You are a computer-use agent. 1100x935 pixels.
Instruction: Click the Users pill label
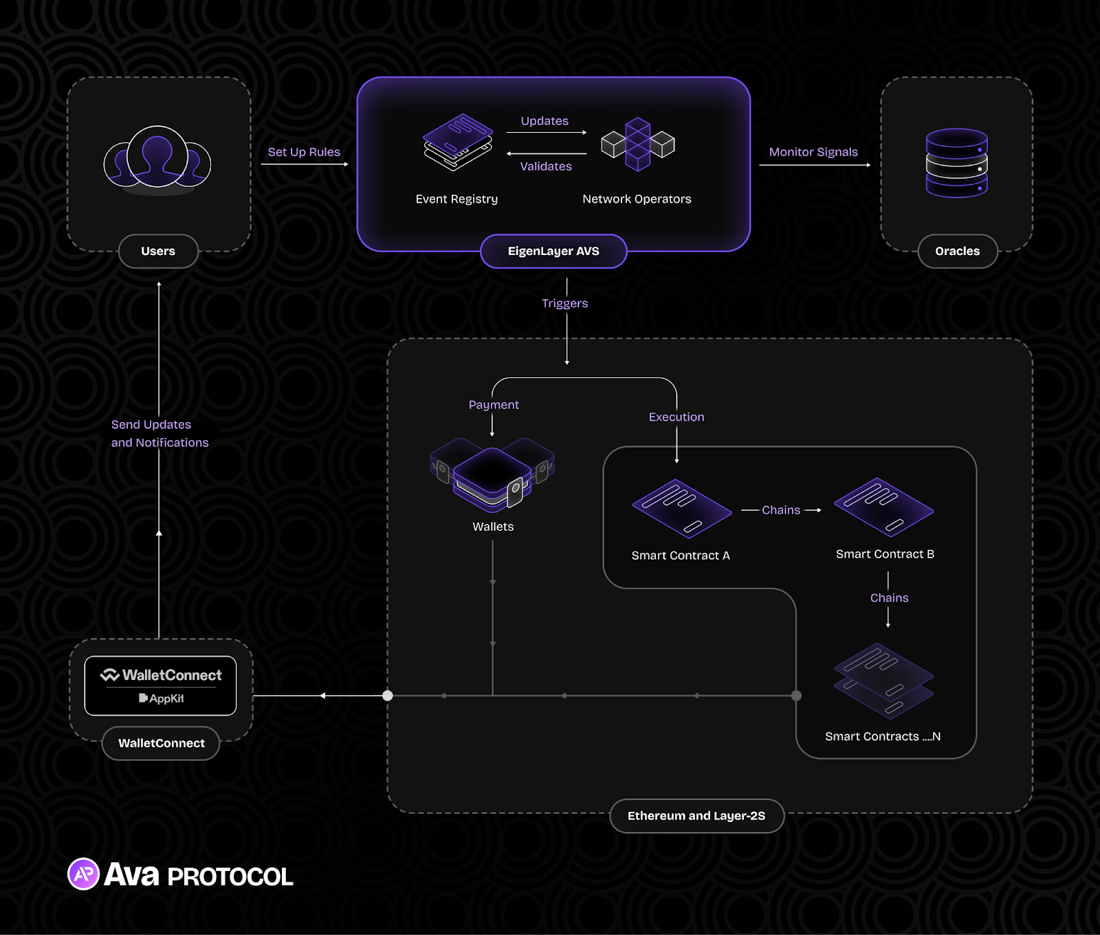tap(158, 252)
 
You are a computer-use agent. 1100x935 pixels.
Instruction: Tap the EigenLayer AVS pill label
tap(553, 252)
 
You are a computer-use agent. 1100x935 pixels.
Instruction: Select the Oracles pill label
tap(957, 252)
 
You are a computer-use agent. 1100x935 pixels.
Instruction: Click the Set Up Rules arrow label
tap(304, 152)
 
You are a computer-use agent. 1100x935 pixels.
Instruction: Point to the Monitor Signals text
tap(813, 152)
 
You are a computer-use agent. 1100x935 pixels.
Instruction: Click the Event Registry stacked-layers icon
tap(458, 142)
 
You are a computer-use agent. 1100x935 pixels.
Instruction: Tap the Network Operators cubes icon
tap(638, 144)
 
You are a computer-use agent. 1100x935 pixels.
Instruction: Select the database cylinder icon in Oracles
tap(956, 163)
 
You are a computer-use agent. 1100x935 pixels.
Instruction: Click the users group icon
tap(157, 159)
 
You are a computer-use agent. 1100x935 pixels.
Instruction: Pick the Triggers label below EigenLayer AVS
tap(564, 303)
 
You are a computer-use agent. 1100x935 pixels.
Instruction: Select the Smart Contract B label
tap(885, 554)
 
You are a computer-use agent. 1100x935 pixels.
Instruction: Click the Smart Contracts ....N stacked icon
tap(883, 681)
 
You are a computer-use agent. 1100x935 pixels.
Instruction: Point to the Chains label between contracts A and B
tap(781, 510)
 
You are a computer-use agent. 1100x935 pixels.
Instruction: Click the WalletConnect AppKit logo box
tap(160, 685)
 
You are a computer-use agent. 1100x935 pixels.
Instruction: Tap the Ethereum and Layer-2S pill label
tap(696, 816)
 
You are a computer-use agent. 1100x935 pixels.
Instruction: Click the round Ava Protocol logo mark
tap(84, 874)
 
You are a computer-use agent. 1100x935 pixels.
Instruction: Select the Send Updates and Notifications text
tap(159, 434)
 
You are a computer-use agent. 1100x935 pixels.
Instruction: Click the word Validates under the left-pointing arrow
tap(546, 166)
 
